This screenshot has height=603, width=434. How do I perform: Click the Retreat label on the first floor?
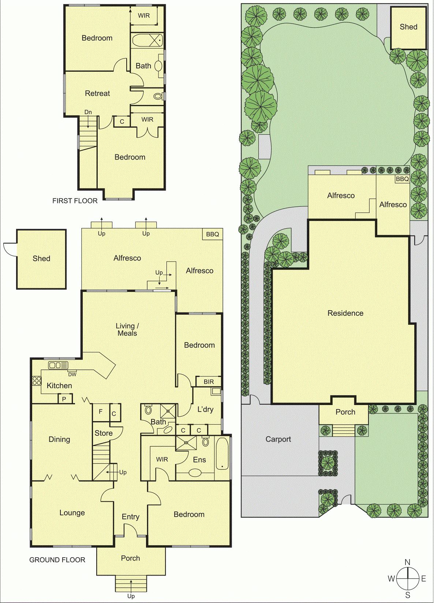(x=97, y=93)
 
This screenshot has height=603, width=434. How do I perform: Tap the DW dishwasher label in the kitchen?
(x=72, y=374)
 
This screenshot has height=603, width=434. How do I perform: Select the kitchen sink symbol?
(x=58, y=365)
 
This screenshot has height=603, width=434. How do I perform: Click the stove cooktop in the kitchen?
(x=37, y=381)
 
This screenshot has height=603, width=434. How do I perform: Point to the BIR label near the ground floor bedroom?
(x=209, y=382)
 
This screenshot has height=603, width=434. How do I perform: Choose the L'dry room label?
(x=205, y=409)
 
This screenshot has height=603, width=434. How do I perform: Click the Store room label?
(x=104, y=433)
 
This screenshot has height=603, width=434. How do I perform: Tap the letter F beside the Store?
(x=101, y=411)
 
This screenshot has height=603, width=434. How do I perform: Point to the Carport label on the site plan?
(x=278, y=439)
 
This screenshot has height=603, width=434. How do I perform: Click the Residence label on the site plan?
(x=345, y=313)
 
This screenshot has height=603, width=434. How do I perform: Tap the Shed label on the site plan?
(x=408, y=27)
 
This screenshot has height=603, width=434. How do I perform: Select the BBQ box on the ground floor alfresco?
(x=212, y=234)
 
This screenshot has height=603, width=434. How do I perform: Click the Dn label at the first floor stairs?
(x=88, y=112)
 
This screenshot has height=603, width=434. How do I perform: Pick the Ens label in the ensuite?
(x=199, y=460)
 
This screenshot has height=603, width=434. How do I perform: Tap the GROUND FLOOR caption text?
(x=57, y=560)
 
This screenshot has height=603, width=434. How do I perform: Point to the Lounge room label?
(x=72, y=513)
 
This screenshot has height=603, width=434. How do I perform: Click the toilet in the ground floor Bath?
(x=148, y=410)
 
